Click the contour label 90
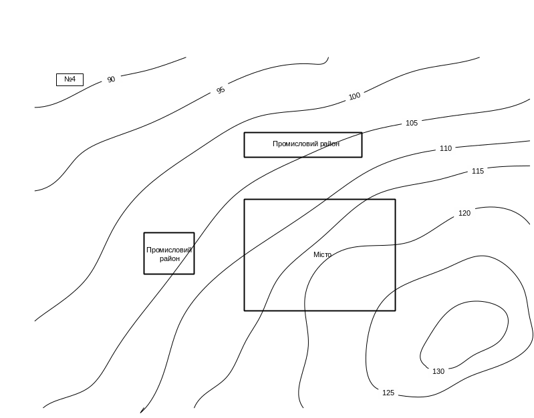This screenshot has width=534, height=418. click(x=112, y=79)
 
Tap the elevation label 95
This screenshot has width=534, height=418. click(x=221, y=90)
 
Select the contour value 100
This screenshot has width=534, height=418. click(x=355, y=96)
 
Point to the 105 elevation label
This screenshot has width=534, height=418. click(x=412, y=124)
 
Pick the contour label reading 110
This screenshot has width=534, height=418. click(x=446, y=148)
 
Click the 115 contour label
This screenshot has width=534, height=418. click(x=478, y=172)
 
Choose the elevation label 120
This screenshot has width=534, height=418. click(x=464, y=214)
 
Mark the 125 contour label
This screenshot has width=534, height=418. click(x=388, y=393)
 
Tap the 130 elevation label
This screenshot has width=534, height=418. click(x=438, y=371)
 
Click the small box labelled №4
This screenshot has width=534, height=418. click(x=70, y=79)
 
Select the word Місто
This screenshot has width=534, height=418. click(x=321, y=255)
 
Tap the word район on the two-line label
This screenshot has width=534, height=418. click(x=170, y=259)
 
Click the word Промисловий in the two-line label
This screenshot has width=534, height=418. click(x=169, y=250)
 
